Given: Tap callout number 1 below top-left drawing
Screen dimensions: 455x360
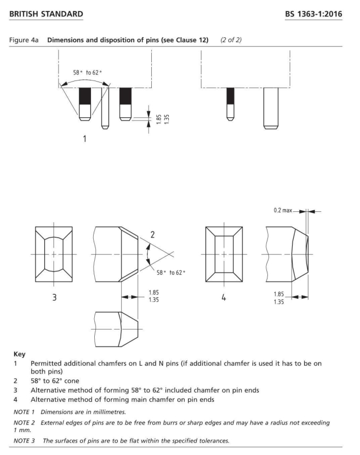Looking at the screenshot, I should [85, 139].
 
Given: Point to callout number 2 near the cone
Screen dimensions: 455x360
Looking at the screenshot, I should [153, 234].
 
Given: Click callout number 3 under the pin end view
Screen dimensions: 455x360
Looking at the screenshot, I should [54, 299].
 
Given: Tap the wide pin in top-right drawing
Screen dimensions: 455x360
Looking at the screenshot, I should [271, 107].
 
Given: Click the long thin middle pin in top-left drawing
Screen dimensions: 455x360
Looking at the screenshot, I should [106, 107].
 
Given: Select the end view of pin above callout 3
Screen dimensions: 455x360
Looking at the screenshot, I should [54, 255].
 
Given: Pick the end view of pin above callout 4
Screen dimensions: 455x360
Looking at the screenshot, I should [224, 255].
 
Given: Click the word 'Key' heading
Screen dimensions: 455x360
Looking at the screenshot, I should [19, 354].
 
